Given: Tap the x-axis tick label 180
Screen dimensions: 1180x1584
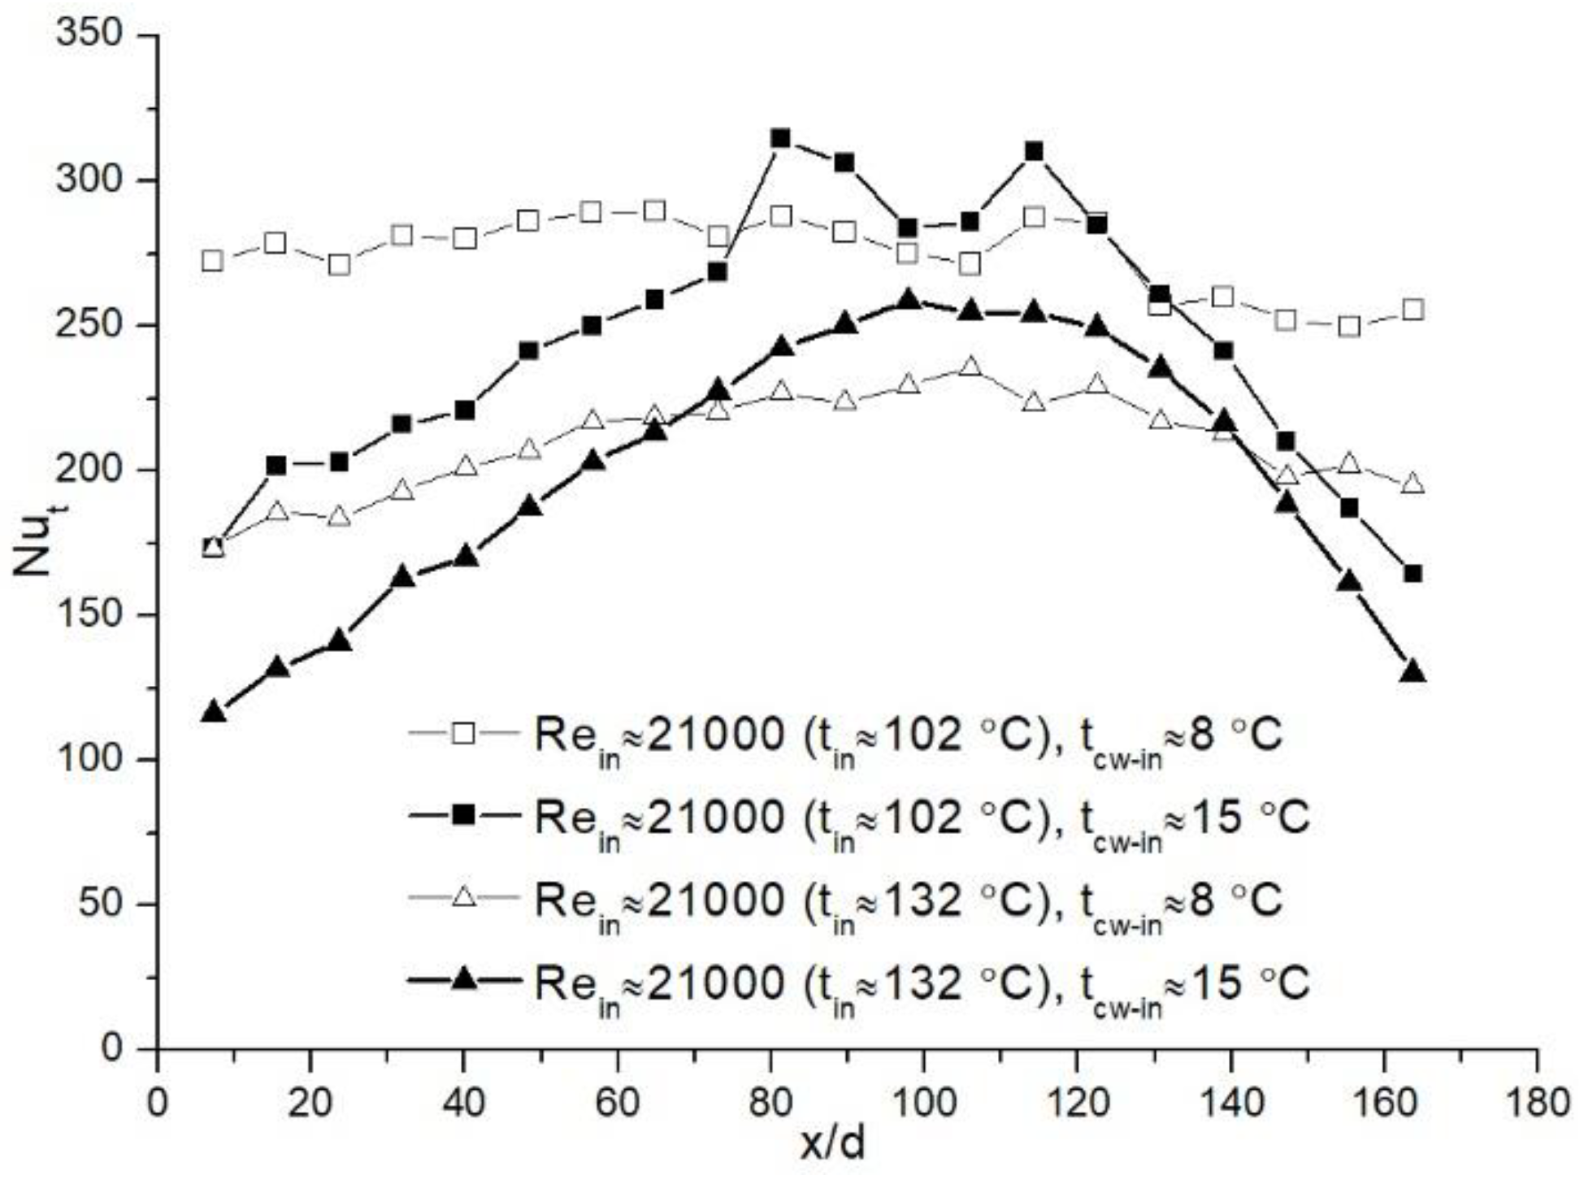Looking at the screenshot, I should pos(1535,1104).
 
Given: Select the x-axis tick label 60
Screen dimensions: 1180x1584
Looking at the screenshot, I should pos(617,1104).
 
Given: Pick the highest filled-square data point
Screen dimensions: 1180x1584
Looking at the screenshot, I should pos(781,138).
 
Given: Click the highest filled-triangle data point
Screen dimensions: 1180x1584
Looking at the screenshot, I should pos(909,300).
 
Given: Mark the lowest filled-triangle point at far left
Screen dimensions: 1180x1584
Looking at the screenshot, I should pos(213,712).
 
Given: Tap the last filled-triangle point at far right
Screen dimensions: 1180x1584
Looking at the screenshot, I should pos(1413,671).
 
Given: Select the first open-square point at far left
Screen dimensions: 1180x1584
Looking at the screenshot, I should pos(213,261).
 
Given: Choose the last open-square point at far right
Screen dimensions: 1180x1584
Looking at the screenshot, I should pos(1413,310).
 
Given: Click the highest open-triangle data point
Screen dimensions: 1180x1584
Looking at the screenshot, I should pos(970,367).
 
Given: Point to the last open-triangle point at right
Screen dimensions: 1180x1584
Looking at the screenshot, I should pos(1413,484).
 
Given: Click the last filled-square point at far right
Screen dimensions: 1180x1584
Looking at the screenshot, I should pos(1413,574).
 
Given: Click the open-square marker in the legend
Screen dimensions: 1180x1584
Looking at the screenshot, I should pos(463,733).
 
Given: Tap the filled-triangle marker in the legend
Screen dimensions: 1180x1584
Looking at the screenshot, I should pos(463,979).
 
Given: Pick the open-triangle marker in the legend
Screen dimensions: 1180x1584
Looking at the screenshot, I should pos(463,897).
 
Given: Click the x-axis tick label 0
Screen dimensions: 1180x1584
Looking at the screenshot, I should pos(157,1104).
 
